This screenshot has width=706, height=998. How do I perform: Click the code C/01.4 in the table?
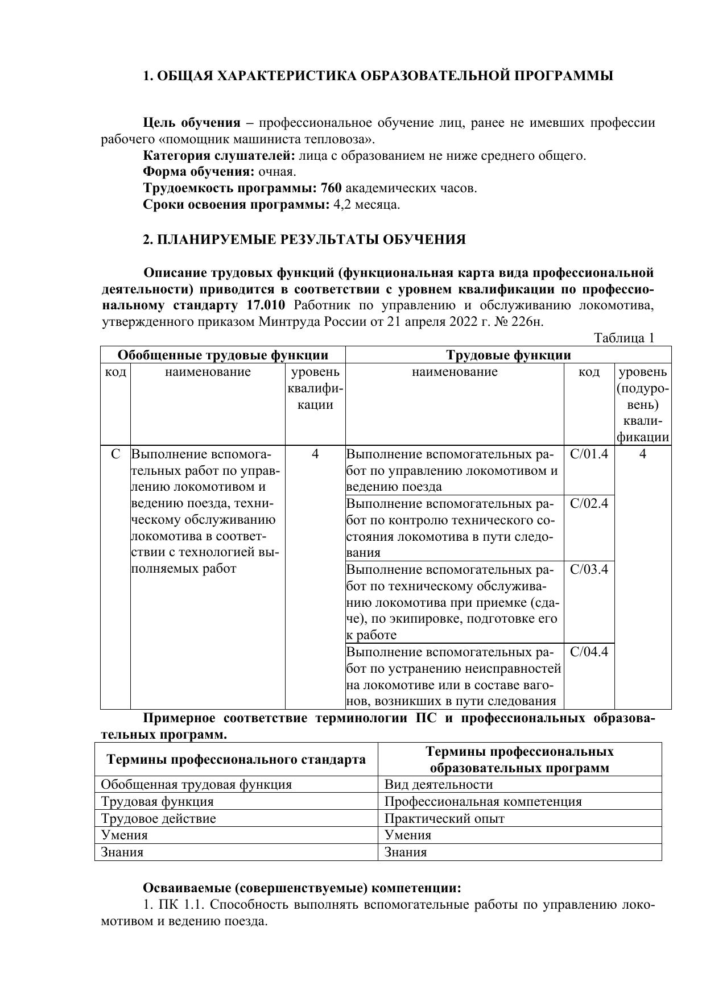point(589,454)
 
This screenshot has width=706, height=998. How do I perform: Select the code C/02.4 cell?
point(589,504)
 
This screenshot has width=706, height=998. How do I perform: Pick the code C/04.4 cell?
point(589,652)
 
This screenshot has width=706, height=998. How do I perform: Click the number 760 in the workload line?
point(331,188)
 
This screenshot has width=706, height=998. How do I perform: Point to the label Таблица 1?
point(624,338)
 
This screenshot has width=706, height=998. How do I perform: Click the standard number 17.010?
point(266,306)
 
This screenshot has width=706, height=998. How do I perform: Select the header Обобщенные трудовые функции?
point(223,355)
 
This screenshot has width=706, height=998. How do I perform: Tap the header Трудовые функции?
point(508,355)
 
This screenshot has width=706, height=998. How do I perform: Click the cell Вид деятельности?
point(439,785)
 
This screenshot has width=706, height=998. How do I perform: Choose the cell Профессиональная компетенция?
point(483,802)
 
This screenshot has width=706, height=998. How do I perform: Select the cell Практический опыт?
point(444,819)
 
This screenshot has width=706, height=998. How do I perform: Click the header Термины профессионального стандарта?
point(236,760)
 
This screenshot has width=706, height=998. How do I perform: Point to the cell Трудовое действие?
point(158,819)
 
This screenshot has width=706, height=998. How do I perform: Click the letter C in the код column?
point(115,454)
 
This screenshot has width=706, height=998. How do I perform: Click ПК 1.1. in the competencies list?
point(175,905)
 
